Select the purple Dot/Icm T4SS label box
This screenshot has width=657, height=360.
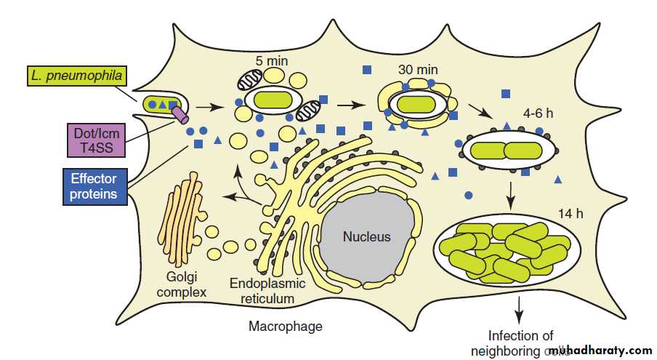pos(95,140)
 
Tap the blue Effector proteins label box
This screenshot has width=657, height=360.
pos(94,185)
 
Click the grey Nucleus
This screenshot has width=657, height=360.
pos(366,236)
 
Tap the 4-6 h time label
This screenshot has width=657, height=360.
pos(539,114)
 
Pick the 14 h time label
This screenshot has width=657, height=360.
pos(570,213)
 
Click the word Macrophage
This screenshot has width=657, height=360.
pos(285,327)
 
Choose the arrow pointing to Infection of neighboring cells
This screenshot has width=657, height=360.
pos(518,308)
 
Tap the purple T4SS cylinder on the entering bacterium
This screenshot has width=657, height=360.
pos(180,113)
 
